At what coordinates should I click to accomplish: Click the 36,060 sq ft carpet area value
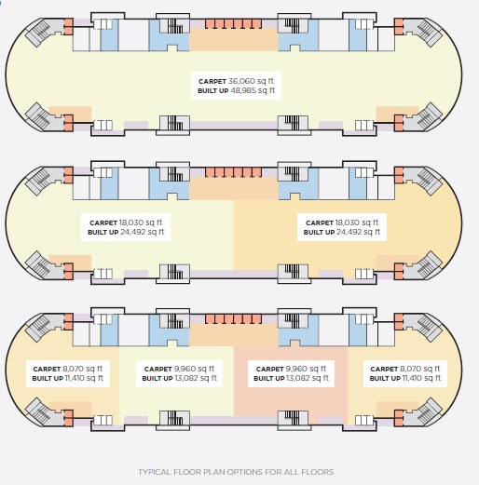251,81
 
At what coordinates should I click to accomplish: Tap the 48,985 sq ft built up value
253,90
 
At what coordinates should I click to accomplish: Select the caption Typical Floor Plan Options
236,472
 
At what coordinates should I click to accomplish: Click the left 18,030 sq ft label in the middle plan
141,222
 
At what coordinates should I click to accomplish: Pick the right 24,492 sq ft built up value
358,232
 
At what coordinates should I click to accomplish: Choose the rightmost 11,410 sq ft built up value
421,378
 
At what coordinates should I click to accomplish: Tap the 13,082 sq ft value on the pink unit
308,378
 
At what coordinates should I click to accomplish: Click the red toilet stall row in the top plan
233,24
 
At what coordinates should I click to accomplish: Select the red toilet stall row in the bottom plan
233,319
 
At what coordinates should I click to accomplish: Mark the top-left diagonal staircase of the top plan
40,32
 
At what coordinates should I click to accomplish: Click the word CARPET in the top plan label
212,82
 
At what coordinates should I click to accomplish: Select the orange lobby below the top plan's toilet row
234,39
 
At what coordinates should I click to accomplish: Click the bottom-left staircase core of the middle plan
173,273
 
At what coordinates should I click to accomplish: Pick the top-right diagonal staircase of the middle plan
426,181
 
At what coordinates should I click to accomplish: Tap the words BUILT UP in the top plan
212,91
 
